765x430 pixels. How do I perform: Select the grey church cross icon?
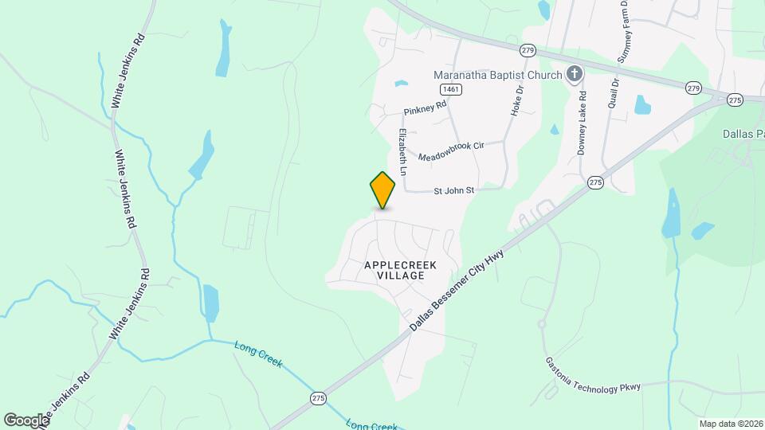point(573,76)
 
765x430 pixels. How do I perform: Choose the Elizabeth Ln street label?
point(403,152)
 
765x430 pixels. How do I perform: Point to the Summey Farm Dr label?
point(624,32)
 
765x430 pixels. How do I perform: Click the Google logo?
point(25,420)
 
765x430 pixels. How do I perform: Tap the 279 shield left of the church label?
point(528,50)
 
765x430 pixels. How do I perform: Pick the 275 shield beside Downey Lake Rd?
point(595,183)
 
